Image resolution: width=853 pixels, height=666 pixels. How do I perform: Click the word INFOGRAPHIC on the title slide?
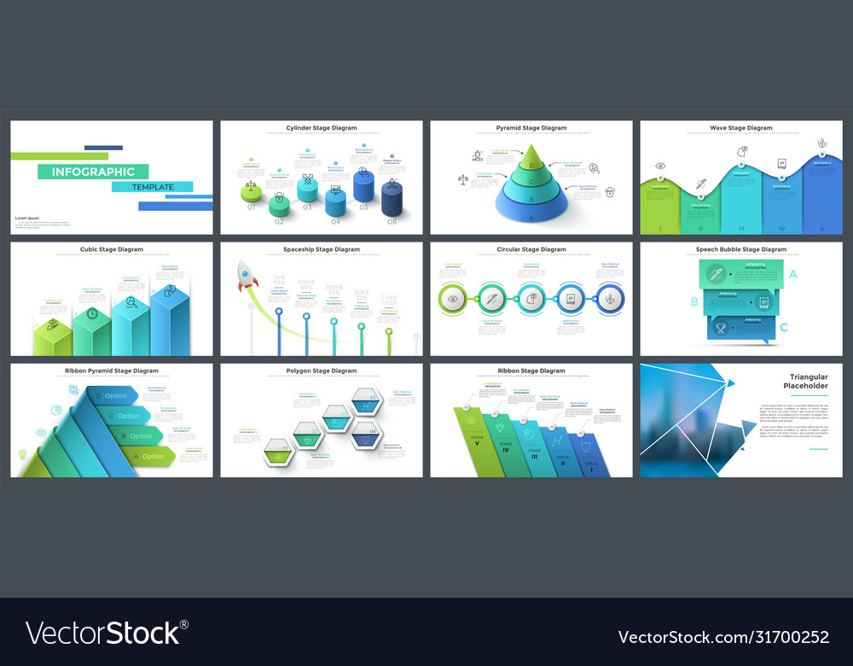tap(93, 172)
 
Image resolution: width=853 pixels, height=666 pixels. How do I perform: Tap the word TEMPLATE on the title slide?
tap(153, 187)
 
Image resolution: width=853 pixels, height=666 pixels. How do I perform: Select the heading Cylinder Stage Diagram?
tap(322, 128)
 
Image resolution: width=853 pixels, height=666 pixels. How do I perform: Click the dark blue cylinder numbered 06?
tap(392, 199)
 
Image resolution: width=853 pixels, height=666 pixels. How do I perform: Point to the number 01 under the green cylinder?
tap(251, 207)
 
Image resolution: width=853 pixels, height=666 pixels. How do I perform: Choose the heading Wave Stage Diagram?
tap(740, 128)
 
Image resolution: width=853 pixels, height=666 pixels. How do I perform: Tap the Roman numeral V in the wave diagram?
tap(822, 228)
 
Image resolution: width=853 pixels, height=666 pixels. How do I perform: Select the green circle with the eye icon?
tap(453, 300)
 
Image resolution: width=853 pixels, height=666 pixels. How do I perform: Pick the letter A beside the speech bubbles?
tap(793, 274)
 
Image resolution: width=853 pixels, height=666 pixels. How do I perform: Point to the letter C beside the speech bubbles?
tap(784, 326)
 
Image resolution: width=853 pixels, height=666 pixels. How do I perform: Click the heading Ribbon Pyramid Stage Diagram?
tap(111, 371)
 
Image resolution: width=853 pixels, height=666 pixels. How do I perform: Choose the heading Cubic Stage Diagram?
tap(111, 249)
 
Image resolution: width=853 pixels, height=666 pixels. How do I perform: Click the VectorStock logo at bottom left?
tap(107, 633)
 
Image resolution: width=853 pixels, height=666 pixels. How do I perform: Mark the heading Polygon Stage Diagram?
tap(322, 371)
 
